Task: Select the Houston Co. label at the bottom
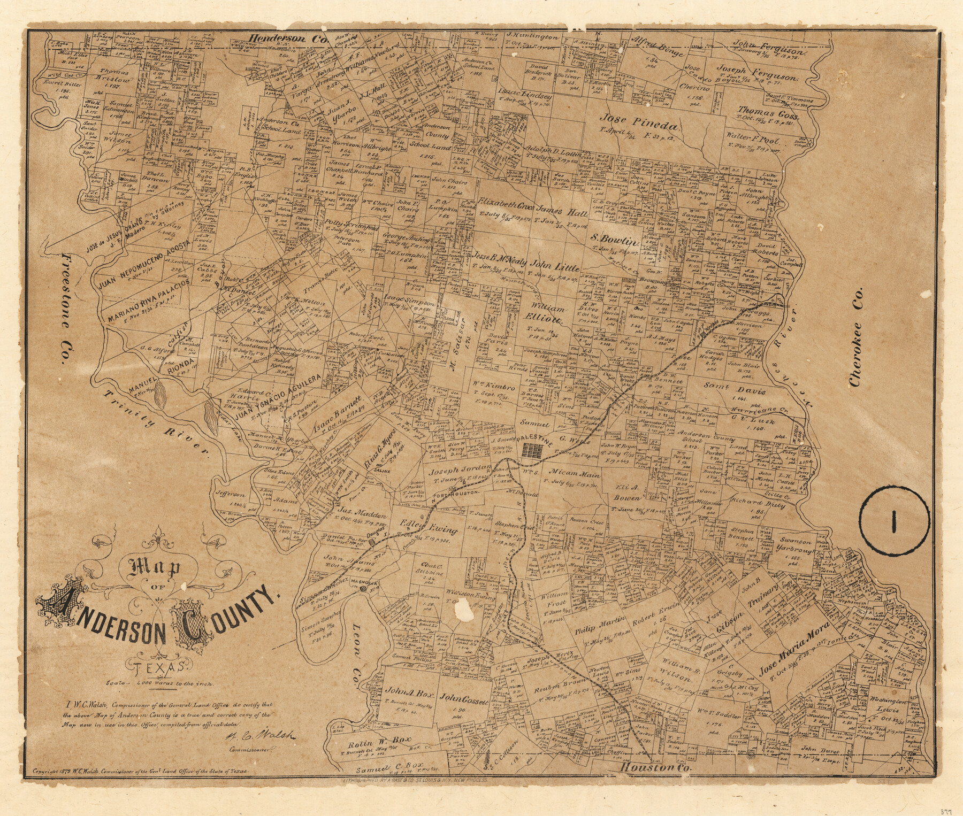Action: (655, 767)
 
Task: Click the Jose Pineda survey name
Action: (640, 124)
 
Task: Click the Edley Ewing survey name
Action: (427, 527)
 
